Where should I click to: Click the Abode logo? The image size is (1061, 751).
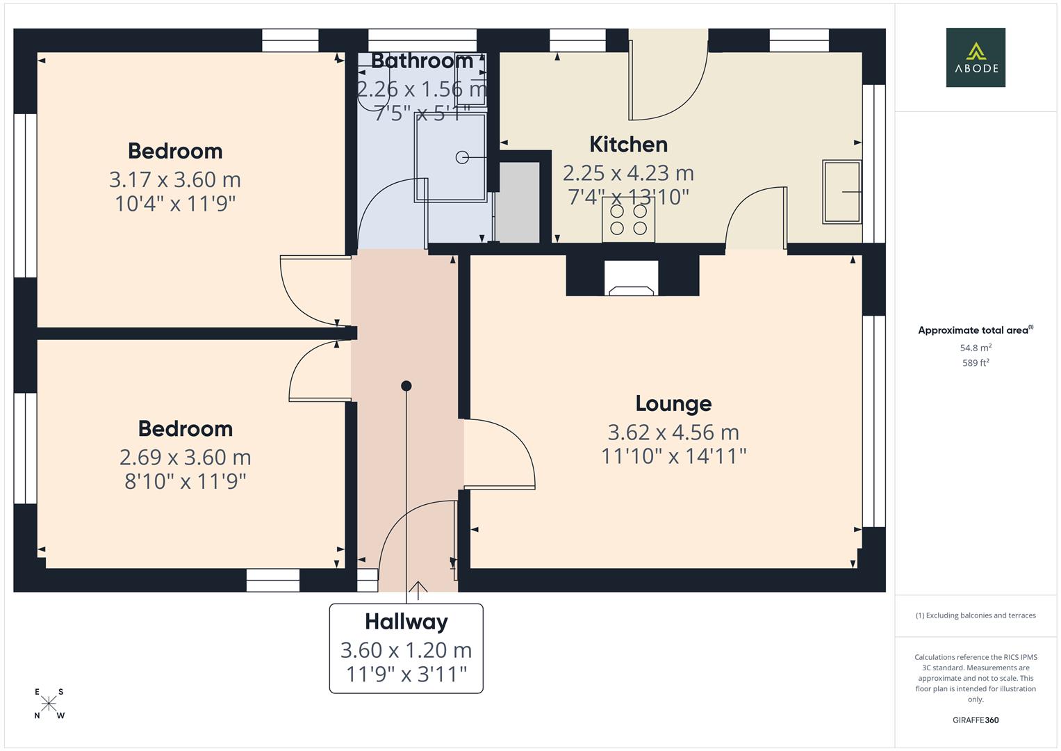(x=975, y=57)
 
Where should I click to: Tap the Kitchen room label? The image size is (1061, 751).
(x=628, y=145)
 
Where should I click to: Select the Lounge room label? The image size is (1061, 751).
(x=673, y=403)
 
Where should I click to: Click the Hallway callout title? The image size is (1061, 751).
(x=406, y=621)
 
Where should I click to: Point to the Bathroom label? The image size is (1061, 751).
(x=422, y=61)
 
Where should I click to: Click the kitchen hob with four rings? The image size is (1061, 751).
(x=628, y=219)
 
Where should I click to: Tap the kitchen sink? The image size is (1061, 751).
(x=841, y=192)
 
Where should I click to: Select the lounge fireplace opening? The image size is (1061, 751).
(x=631, y=278)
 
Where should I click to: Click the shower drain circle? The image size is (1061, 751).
(x=462, y=158)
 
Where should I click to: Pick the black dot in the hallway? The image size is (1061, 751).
(x=406, y=386)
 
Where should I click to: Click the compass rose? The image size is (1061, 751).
(x=49, y=704)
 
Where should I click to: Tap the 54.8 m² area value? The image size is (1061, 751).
(x=975, y=348)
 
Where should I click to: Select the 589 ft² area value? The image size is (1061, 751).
(x=975, y=363)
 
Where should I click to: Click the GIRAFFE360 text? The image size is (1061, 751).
(x=975, y=720)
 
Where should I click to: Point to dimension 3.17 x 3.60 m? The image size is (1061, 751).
(x=174, y=179)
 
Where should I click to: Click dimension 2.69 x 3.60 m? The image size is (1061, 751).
(x=185, y=457)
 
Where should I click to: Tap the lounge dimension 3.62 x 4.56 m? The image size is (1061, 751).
(x=673, y=432)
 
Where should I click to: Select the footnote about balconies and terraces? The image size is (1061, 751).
(x=975, y=615)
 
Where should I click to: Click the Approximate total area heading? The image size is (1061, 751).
(x=975, y=330)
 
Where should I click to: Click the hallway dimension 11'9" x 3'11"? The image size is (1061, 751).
(x=406, y=674)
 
